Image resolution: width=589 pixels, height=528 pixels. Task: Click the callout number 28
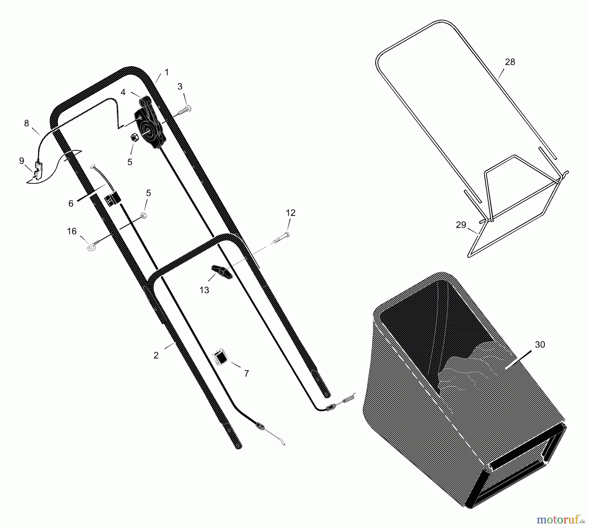click(x=510, y=62)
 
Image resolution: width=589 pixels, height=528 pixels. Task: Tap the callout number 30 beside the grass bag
click(x=540, y=344)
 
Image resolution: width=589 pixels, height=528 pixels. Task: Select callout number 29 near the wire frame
click(x=461, y=225)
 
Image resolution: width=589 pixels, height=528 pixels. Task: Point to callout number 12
click(x=291, y=213)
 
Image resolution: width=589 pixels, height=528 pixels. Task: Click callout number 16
click(x=71, y=232)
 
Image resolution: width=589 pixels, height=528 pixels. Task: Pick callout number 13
click(x=204, y=290)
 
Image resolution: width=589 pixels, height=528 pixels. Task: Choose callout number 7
click(x=247, y=373)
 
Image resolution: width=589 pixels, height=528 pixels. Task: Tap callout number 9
click(x=22, y=161)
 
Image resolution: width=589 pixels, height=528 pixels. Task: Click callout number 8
click(x=27, y=123)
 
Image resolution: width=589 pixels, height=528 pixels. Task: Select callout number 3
click(x=180, y=86)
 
